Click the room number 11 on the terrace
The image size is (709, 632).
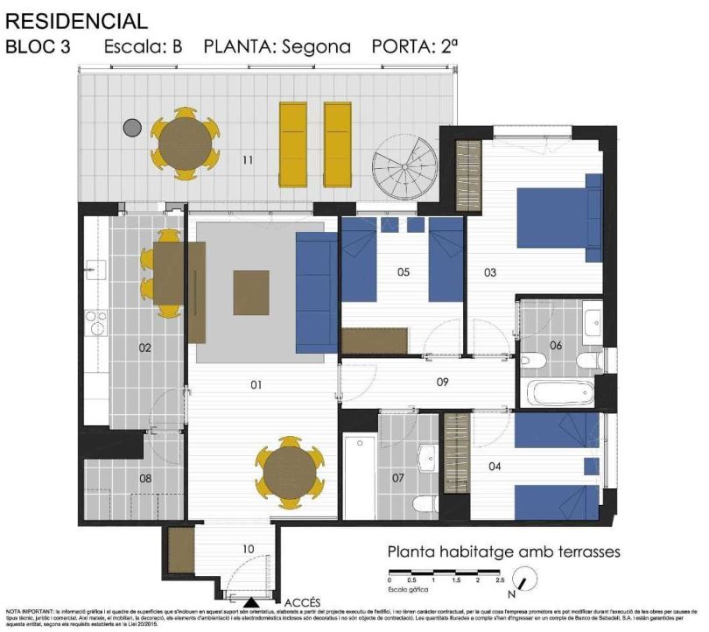point(248,160)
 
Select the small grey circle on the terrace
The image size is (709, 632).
point(132,128)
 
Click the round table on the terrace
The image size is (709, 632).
point(185,144)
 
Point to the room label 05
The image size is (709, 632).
point(404,272)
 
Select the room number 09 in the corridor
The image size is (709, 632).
point(442,382)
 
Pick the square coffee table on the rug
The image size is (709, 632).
point(251,292)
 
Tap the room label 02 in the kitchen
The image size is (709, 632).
point(145,348)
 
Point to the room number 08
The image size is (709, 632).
point(145,479)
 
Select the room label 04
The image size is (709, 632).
point(495,467)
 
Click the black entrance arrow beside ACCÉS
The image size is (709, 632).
point(251,602)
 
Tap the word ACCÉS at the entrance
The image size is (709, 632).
point(303,602)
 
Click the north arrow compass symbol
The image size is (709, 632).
point(526,579)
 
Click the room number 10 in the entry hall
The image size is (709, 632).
point(248,550)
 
